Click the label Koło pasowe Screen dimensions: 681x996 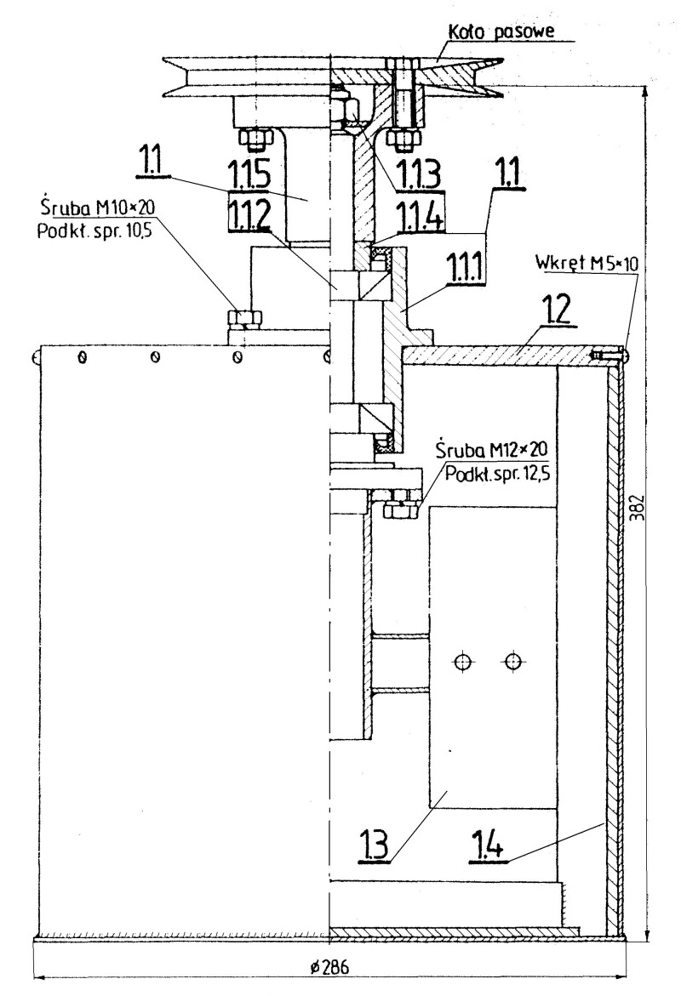501,31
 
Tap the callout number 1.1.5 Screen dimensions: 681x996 249,173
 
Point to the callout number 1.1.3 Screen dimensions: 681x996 419,174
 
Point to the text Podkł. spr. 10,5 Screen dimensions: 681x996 94,231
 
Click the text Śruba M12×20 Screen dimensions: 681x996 491,450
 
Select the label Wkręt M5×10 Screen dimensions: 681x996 587,262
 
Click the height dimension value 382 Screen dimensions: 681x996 640,507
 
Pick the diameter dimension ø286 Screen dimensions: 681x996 330,967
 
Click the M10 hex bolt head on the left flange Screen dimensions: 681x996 243,318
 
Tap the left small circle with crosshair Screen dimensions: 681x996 463,662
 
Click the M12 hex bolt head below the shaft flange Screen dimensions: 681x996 399,509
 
